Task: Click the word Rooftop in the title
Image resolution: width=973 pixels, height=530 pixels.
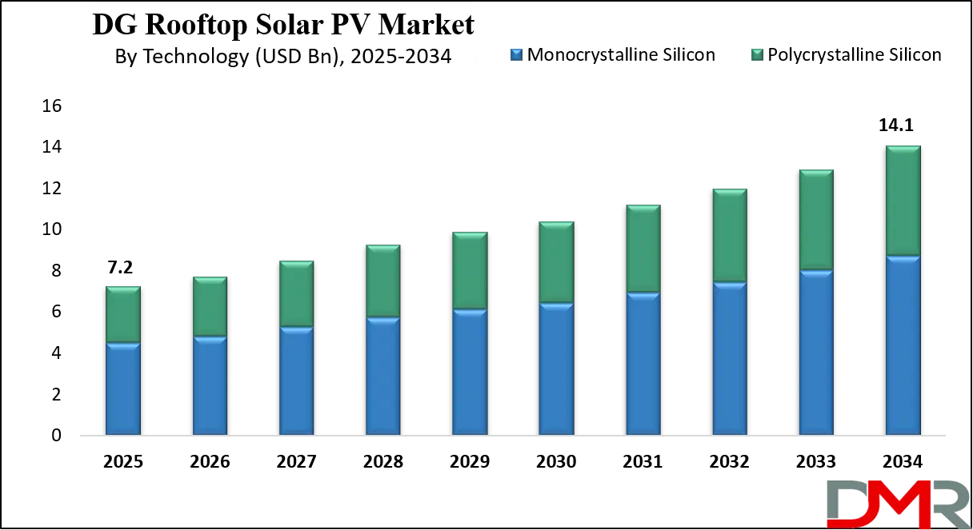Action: pos(202,25)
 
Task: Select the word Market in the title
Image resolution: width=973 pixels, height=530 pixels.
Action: pos(426,25)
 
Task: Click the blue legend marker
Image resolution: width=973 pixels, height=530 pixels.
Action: pos(516,54)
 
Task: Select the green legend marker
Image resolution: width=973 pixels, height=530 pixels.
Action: pos(758,54)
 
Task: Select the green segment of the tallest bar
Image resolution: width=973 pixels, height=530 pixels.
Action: pos(903,201)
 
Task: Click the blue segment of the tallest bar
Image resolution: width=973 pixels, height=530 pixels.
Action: pos(903,346)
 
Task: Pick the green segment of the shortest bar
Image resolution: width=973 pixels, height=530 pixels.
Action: pos(123,315)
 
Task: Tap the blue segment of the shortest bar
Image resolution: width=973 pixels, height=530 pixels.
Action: pos(123,389)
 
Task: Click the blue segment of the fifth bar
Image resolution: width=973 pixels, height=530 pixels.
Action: pos(470,373)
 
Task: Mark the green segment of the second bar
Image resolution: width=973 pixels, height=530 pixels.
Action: pos(210,307)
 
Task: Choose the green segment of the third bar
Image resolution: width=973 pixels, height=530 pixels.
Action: pos(296,294)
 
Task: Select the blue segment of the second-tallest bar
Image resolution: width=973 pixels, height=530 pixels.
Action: pos(816,353)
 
